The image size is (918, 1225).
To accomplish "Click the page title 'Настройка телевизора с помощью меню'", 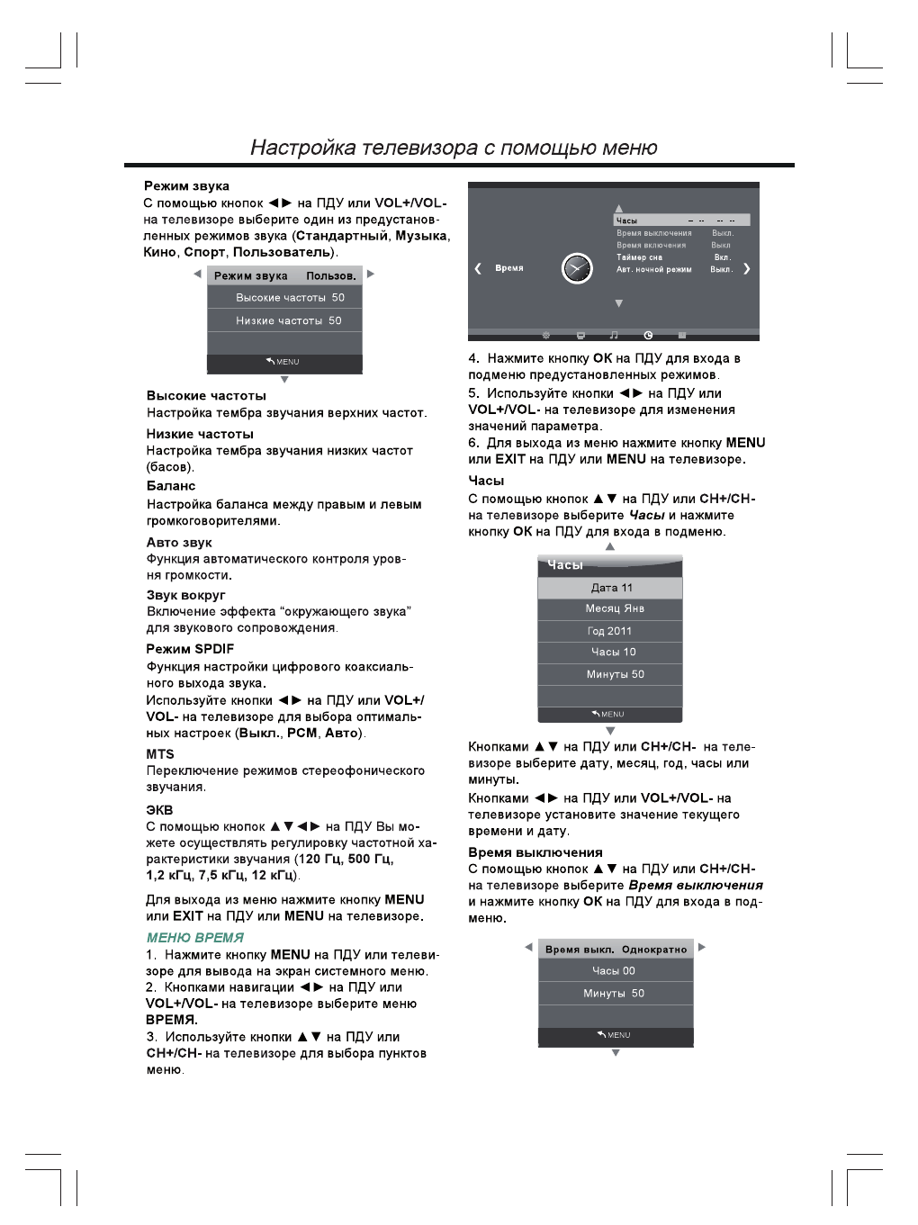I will (x=454, y=148).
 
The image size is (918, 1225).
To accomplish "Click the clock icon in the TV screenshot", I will (x=577, y=268).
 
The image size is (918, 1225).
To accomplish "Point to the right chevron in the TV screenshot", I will (x=746, y=268).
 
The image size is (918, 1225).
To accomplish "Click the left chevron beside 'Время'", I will (x=478, y=268).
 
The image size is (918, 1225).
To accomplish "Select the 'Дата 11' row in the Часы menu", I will (x=610, y=588).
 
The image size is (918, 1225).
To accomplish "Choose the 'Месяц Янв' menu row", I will (x=610, y=609).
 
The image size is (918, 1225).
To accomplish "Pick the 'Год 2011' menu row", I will (x=610, y=631).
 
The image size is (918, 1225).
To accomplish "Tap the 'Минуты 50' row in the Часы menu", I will (x=610, y=674).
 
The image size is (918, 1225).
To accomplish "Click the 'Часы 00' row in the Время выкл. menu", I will (x=615, y=971).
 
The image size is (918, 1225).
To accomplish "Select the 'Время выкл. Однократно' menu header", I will (x=616, y=950).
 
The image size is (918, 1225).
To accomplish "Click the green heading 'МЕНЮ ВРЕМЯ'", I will (x=194, y=937).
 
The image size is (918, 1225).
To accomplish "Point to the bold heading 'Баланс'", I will (x=171, y=486).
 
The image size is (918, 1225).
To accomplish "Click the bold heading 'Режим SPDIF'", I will (x=190, y=649).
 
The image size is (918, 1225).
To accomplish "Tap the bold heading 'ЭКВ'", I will (x=160, y=809).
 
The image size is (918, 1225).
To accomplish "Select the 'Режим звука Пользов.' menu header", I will (x=284, y=275).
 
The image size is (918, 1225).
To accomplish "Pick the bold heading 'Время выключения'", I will (x=535, y=852).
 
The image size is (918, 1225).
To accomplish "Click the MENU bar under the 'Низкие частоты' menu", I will (x=284, y=362).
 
